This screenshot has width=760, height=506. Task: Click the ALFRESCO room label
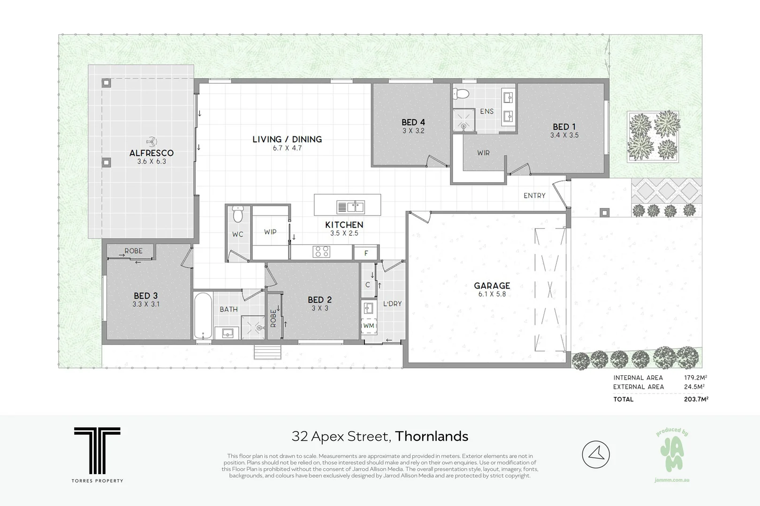[151, 153]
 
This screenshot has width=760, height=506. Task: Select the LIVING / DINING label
[287, 139]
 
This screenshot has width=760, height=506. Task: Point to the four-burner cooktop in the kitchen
[322, 252]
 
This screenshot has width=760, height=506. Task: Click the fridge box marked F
[366, 253]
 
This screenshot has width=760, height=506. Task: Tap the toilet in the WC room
[238, 215]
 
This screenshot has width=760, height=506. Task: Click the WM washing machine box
[369, 326]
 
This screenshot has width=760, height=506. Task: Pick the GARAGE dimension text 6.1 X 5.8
[492, 294]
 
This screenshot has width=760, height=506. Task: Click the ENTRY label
[534, 195]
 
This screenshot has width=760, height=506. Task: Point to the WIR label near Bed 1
[483, 153]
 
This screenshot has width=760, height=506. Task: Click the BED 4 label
[413, 122]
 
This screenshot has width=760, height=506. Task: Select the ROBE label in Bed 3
[133, 251]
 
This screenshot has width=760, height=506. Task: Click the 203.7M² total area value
[696, 399]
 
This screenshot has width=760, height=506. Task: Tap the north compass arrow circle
[596, 454]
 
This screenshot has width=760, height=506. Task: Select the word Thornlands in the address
[432, 436]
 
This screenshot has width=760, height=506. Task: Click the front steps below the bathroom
[268, 352]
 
